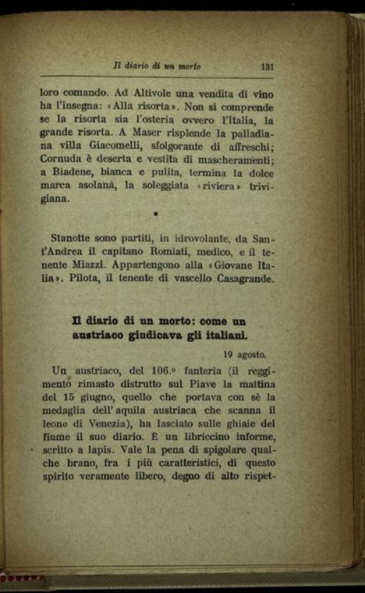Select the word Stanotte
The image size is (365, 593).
(x=72, y=238)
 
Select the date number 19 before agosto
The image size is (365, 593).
(x=229, y=355)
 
